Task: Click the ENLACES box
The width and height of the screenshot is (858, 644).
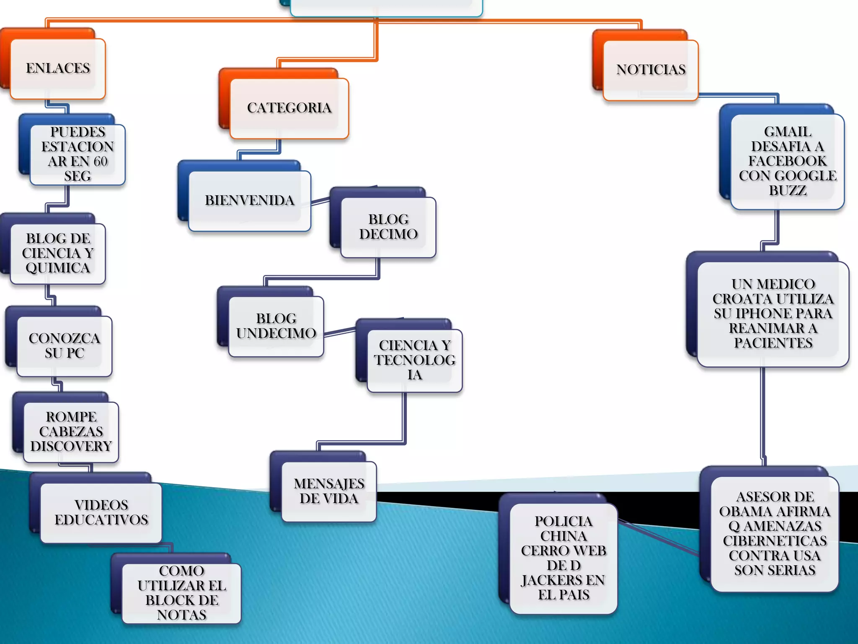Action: click(x=58, y=68)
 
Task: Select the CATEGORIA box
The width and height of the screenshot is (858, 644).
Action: click(x=289, y=108)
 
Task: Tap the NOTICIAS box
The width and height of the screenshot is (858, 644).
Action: click(x=651, y=70)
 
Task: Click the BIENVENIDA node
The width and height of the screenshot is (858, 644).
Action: click(x=250, y=200)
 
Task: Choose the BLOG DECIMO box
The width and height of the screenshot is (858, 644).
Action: click(x=388, y=227)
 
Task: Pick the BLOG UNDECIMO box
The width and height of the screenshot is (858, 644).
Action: click(x=276, y=326)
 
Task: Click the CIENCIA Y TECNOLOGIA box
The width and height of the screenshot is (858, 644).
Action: click(x=415, y=360)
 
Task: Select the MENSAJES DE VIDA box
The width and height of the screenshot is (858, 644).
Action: click(x=329, y=491)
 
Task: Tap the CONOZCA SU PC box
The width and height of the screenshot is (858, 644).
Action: click(x=65, y=346)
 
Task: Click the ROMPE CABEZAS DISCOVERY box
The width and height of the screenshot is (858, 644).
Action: click(x=71, y=432)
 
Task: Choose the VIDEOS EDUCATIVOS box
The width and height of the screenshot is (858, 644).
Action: click(x=101, y=512)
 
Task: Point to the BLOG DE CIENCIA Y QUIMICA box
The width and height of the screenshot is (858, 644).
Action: click(x=58, y=253)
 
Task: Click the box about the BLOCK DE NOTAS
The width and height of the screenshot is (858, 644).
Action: click(x=181, y=593)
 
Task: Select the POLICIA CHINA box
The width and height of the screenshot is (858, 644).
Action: click(x=563, y=558)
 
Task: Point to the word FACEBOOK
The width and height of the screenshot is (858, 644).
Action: click(x=788, y=161)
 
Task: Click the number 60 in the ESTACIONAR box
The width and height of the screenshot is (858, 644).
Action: click(x=100, y=161)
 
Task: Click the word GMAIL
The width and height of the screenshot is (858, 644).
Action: click(x=788, y=132)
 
